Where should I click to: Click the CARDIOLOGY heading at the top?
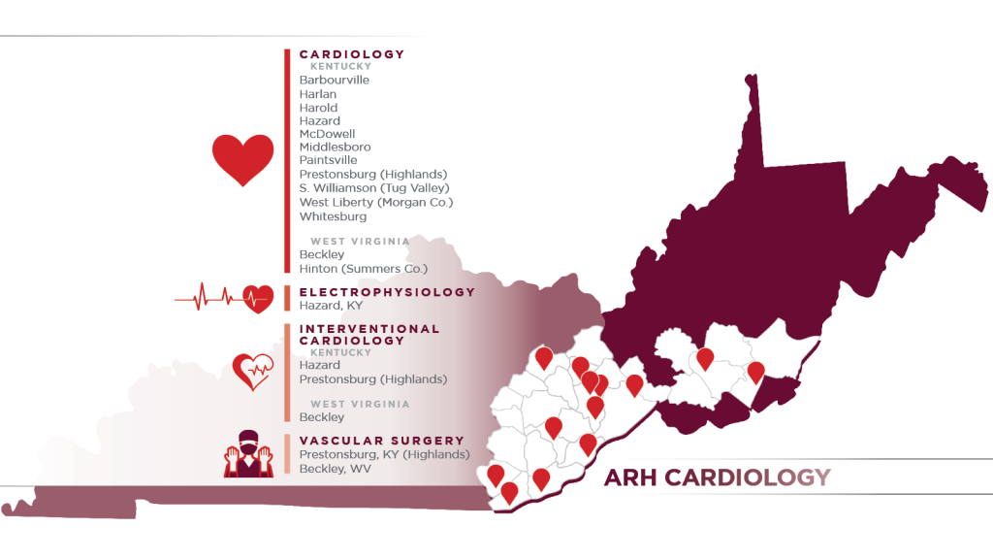pos(351,54)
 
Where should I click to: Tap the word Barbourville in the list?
pos(334,80)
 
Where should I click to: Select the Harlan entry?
pos(318,94)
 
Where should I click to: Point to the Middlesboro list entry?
pos(335,147)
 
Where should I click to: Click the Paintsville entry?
pos(328,160)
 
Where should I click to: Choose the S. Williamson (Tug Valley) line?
pos(374,187)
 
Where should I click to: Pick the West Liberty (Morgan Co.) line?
pos(376,202)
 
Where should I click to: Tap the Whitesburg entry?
pos(333,216)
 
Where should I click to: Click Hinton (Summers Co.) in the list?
pos(364,268)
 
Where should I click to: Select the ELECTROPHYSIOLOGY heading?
pos(387,292)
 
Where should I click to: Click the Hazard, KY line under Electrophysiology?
pos(331,306)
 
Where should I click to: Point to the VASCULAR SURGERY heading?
pos(368,441)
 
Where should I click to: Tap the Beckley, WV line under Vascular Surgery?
pos(335,469)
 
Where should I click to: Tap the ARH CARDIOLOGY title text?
pos(717,477)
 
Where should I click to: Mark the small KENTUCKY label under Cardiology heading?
pos(339,67)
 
